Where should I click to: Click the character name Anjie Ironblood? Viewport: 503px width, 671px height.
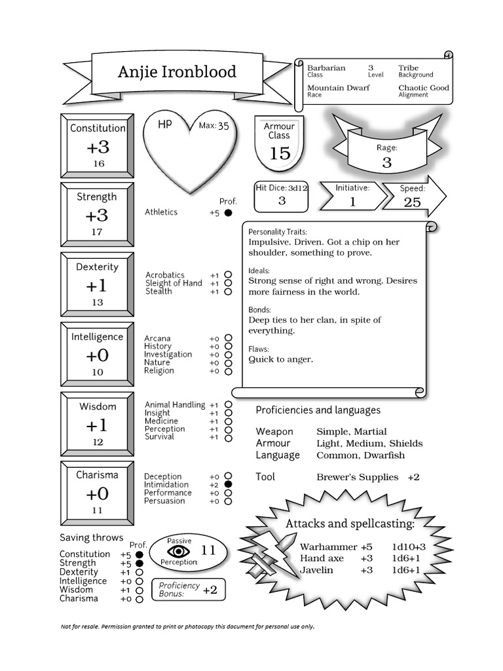(x=177, y=71)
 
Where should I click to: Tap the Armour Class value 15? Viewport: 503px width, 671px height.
(x=280, y=153)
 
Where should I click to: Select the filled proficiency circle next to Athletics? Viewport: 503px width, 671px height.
(x=228, y=213)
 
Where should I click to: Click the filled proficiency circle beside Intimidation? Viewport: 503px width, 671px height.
(x=228, y=484)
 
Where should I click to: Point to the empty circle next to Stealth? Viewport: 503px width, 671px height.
(x=228, y=292)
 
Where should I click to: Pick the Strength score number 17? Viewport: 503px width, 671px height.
(x=97, y=232)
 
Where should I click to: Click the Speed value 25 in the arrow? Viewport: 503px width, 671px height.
(x=412, y=202)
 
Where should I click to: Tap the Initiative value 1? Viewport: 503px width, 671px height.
(x=352, y=202)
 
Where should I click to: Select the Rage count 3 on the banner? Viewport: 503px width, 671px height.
(x=386, y=163)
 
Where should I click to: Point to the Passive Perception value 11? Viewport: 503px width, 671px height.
(x=208, y=550)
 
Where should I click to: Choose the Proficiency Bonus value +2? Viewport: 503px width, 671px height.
(x=210, y=590)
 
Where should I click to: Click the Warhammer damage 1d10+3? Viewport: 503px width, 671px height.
(x=409, y=546)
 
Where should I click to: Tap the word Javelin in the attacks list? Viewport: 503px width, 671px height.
(x=316, y=570)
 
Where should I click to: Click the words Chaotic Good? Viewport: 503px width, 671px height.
(x=423, y=87)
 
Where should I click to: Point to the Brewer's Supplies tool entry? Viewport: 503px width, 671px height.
(x=357, y=477)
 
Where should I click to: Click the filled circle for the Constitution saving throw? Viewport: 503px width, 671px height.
(x=139, y=554)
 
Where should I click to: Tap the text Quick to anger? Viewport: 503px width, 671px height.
(x=280, y=359)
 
